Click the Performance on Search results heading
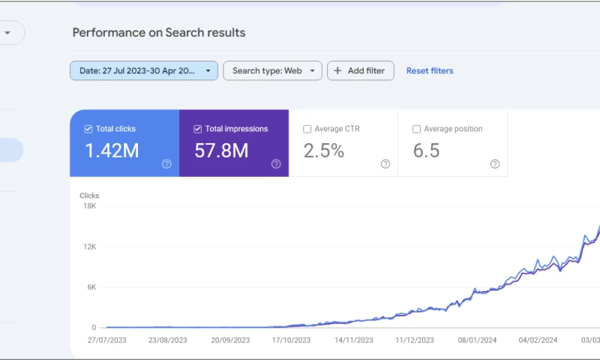click(x=159, y=33)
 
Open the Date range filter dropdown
click(x=144, y=70)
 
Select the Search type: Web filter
click(x=272, y=70)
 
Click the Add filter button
click(x=360, y=70)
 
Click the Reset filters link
click(x=430, y=70)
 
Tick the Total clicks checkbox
click(x=89, y=129)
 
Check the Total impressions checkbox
click(x=199, y=129)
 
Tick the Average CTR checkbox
click(x=307, y=129)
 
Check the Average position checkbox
click(x=417, y=129)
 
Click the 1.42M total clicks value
click(x=112, y=151)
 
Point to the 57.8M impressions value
click(x=221, y=151)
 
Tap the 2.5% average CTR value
click(x=324, y=151)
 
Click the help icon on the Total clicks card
click(x=166, y=164)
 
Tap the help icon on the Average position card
click(x=495, y=164)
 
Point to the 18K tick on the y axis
click(x=89, y=205)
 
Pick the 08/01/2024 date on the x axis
click(x=477, y=340)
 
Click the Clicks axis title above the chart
click(x=89, y=196)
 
